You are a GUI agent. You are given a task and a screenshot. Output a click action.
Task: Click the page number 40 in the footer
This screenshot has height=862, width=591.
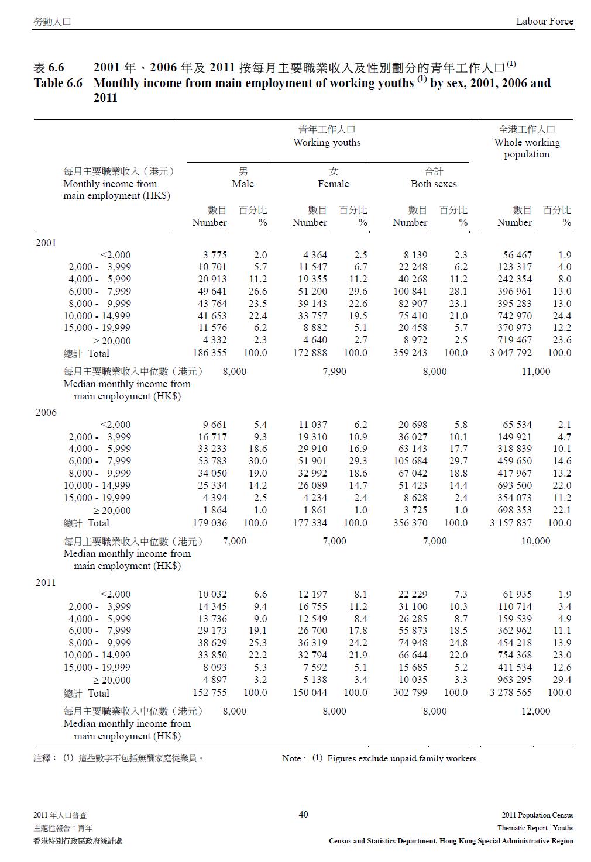[x=303, y=814]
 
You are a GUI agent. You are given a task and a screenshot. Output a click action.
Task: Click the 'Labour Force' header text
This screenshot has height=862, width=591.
[x=544, y=22]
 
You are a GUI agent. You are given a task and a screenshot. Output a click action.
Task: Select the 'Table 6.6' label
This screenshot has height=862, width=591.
[x=58, y=83]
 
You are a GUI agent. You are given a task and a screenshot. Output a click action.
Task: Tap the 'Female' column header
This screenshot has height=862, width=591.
[x=333, y=184]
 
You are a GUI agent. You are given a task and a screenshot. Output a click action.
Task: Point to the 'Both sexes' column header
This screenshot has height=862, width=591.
[x=434, y=184]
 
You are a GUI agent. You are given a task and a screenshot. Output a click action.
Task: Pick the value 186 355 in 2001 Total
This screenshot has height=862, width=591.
[x=209, y=353]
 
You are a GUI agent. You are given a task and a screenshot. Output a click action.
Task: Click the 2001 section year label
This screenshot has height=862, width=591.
[x=46, y=243]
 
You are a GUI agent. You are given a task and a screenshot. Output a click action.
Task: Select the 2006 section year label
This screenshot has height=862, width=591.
[x=46, y=412]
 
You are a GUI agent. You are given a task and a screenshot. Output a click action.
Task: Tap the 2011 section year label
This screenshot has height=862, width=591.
[x=46, y=582]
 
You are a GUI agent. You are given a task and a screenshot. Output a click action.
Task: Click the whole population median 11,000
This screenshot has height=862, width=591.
[x=535, y=371]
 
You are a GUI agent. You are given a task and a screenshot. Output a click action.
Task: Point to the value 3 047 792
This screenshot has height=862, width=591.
[x=511, y=353]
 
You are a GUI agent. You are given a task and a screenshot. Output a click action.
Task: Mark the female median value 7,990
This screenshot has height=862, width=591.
[x=334, y=371]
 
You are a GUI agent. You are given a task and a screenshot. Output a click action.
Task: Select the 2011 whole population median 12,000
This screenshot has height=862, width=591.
[x=535, y=711]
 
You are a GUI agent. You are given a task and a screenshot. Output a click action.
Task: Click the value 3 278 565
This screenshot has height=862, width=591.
[x=511, y=692]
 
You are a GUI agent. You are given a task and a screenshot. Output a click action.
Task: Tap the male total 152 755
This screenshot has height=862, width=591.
[x=209, y=692]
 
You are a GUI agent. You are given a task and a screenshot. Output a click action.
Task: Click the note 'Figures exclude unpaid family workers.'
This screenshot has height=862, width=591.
[x=403, y=758]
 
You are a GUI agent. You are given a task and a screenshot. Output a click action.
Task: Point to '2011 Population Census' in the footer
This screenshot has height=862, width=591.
[x=537, y=815]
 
